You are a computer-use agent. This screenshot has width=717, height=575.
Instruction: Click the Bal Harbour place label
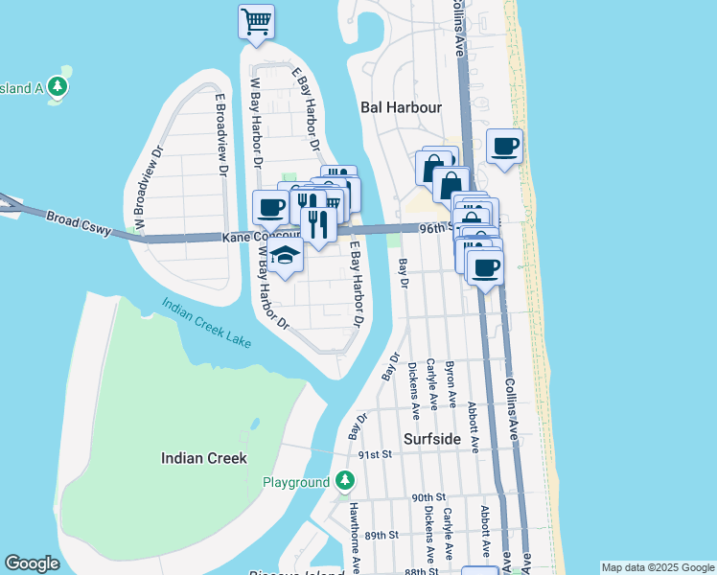pyautogui.click(x=401, y=107)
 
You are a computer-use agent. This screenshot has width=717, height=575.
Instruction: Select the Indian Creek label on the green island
pyautogui.click(x=203, y=458)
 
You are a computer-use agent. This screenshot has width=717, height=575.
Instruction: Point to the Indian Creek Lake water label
pyautogui.click(x=206, y=321)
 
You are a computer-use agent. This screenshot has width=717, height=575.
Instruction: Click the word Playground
pyautogui.click(x=295, y=482)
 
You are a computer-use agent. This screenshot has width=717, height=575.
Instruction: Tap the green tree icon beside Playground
pyautogui.click(x=345, y=481)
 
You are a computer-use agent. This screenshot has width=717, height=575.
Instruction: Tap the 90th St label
pyautogui.click(x=429, y=497)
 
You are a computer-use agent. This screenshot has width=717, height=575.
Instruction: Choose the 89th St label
pyautogui.click(x=381, y=535)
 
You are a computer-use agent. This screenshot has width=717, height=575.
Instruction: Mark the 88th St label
pyautogui.click(x=421, y=571)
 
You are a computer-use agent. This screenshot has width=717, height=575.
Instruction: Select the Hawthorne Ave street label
pyautogui.click(x=354, y=537)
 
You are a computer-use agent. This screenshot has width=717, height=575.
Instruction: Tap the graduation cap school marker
pyautogui.click(x=285, y=255)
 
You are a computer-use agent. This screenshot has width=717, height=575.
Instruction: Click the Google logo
pyautogui.click(x=32, y=563)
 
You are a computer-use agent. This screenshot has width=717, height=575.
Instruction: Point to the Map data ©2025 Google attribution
pyautogui.click(x=658, y=567)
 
